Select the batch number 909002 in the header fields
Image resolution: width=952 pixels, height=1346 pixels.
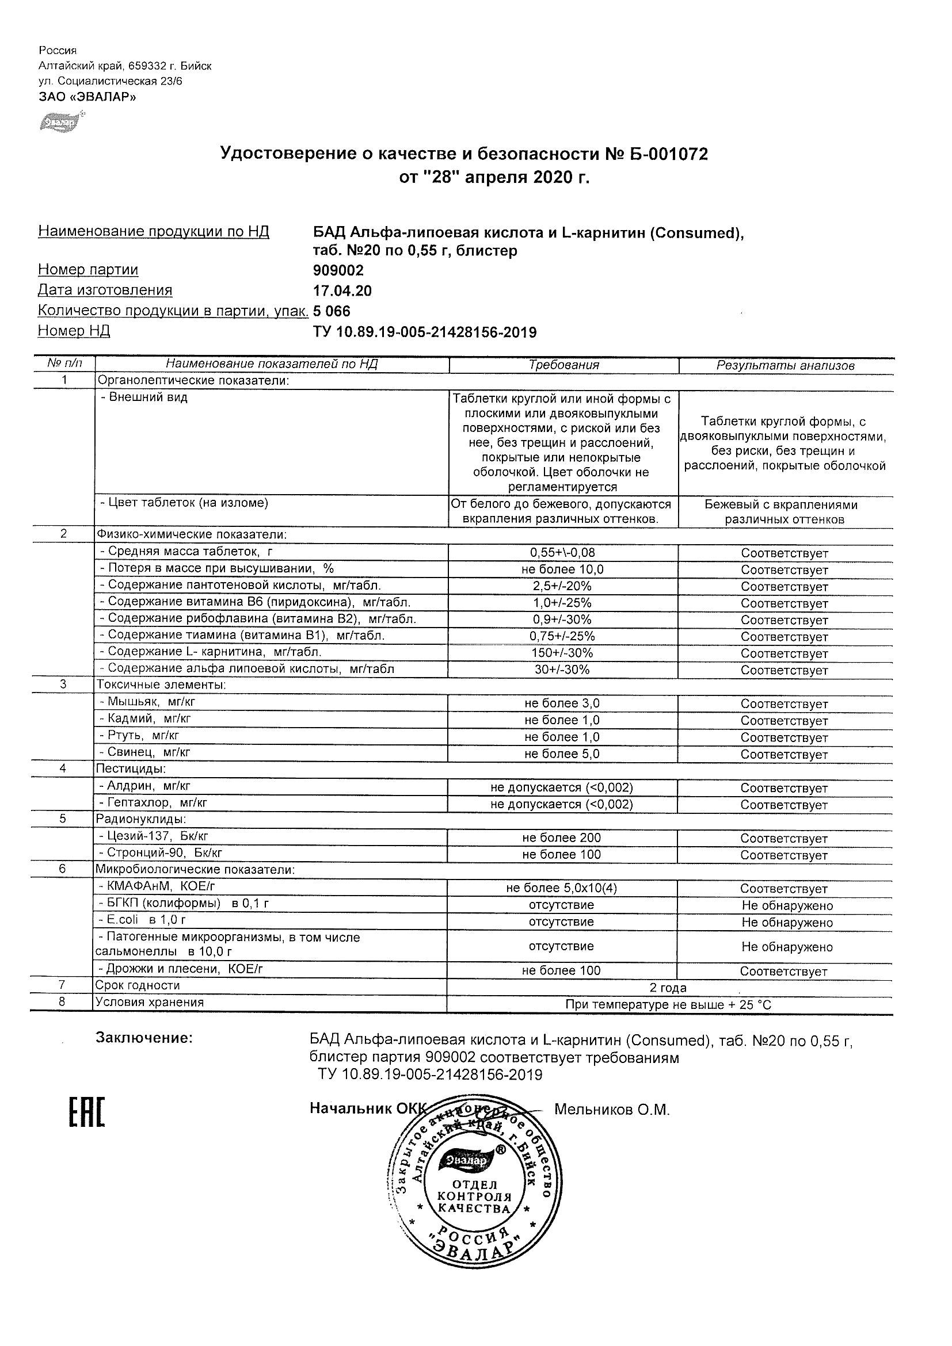point(338,270)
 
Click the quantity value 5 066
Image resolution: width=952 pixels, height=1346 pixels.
point(332,311)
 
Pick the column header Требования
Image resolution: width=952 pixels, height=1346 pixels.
point(563,365)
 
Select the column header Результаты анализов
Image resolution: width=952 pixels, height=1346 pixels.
point(786,366)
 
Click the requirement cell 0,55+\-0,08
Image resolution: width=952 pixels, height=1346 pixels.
point(562,552)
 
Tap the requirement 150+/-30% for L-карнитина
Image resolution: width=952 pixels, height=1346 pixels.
point(562,653)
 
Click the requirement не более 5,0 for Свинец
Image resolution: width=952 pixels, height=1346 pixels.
point(562,754)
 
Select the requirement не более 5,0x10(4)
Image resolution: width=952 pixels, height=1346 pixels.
point(561,888)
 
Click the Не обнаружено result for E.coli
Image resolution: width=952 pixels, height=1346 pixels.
point(787,922)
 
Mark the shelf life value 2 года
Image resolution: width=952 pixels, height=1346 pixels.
point(668,988)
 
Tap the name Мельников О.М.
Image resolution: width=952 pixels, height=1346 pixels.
point(611,1110)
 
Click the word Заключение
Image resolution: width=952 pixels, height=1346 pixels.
point(144,1038)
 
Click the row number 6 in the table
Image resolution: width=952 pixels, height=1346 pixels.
point(63,869)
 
